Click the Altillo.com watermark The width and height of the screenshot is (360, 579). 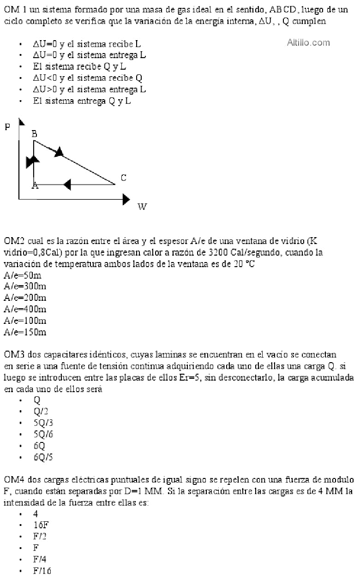pos(308,43)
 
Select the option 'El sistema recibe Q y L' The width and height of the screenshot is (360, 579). pos(79,66)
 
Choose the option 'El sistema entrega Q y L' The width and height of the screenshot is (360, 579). pos(82,101)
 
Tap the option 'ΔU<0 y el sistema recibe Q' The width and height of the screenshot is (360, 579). pos(87,78)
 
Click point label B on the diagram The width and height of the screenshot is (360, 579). pos(34,134)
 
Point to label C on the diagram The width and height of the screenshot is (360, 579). pos(123,178)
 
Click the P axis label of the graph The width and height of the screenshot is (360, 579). pos(7,127)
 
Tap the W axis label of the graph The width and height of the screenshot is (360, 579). pos(142,207)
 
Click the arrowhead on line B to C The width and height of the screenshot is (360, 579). pos(59,151)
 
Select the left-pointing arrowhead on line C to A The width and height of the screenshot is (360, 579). pos(67,185)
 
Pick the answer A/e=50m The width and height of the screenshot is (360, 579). pos(22,276)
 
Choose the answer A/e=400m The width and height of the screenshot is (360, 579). pos(24,309)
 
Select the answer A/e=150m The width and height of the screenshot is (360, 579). pos(24,332)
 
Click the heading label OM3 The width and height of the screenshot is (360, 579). pos(15,355)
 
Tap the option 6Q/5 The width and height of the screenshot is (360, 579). pos(40,457)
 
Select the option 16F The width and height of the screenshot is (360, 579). pos(40,525)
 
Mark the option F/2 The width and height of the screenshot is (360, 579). pos(40,537)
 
